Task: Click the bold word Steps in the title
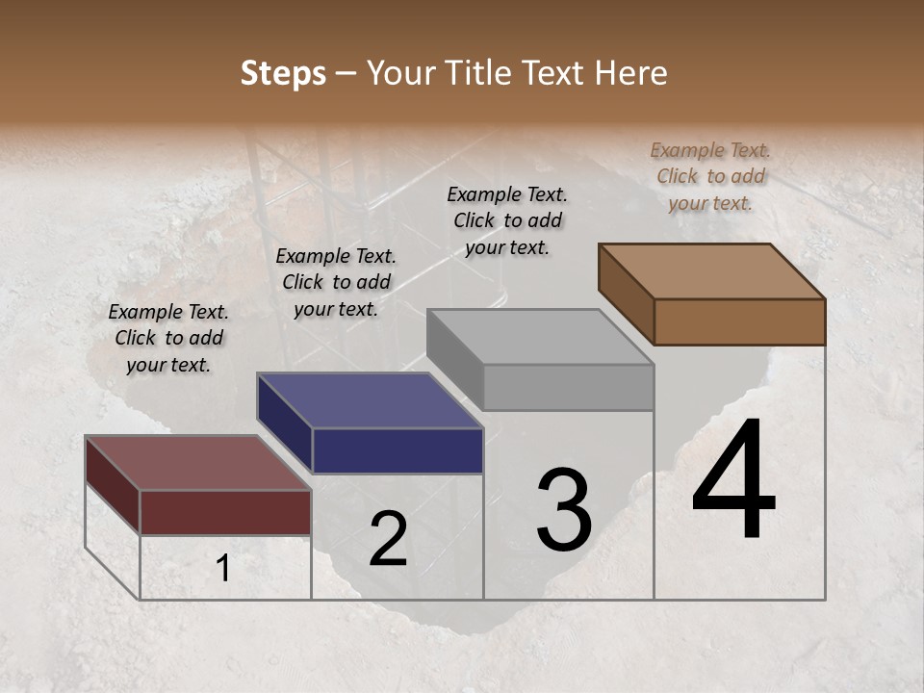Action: (283, 73)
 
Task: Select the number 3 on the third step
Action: (564, 511)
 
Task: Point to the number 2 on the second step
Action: (388, 540)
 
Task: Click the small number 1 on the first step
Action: (223, 569)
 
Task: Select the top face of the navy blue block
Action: (371, 400)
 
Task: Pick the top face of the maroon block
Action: (198, 463)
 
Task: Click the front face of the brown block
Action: (739, 321)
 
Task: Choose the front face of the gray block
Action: (568, 387)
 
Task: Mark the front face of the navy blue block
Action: (398, 450)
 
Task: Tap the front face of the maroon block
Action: (225, 511)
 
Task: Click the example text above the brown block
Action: (710, 176)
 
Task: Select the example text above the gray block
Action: (507, 220)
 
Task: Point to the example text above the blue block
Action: (336, 282)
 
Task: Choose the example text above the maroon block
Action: (168, 338)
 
